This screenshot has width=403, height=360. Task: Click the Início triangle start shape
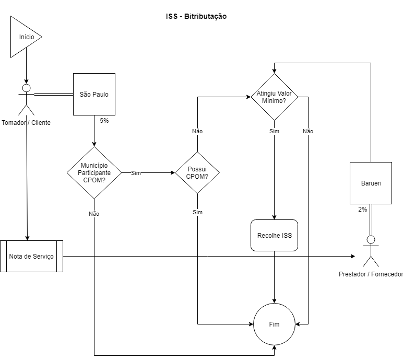23,37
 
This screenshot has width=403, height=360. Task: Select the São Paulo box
94,95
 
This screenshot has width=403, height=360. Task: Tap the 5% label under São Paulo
104,121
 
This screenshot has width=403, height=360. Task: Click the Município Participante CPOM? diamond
94,172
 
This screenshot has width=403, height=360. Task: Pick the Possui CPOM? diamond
197,172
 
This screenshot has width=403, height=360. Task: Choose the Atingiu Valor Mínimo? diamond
274,97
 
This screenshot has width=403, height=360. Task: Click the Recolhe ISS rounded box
275,236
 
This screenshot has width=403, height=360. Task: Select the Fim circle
275,324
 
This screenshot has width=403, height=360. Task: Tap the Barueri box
371,183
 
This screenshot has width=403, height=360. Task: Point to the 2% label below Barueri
362,209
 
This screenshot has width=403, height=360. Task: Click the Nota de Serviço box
31,256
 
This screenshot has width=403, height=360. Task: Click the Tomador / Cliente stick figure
26,99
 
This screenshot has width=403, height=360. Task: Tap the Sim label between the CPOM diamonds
136,173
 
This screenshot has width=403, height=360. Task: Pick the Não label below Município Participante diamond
94,214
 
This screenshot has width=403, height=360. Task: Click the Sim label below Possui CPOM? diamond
197,212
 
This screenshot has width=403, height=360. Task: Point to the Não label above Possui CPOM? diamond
197,131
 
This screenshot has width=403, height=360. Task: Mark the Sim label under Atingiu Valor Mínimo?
274,131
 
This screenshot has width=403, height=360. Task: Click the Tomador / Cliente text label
26,123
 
